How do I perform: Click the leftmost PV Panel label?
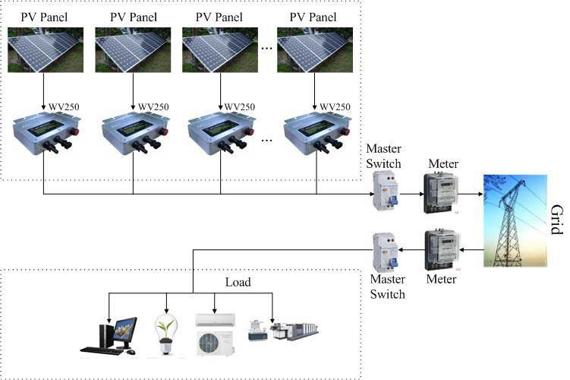44,17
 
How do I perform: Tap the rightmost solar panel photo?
315,50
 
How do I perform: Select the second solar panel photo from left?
133,50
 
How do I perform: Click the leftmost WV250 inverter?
46,133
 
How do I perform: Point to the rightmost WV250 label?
335,106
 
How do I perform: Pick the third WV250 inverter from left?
221,133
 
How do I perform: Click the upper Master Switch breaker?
386,191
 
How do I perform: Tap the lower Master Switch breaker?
386,252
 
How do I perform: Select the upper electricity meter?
440,192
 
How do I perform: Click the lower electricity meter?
442,249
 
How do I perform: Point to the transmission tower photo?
515,220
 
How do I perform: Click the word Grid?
556,220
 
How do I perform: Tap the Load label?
238,282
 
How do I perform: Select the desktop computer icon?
109,336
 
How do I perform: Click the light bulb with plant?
166,335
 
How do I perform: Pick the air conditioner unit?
216,334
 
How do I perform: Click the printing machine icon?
284,330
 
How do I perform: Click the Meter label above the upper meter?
443,164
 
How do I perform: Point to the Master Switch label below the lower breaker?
388,287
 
